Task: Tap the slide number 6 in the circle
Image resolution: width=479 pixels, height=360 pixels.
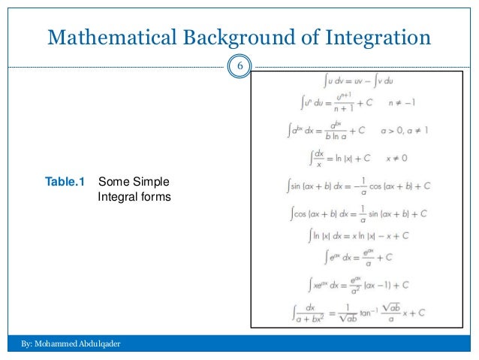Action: [x=239, y=68]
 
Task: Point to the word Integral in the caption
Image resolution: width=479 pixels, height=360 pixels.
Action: [x=117, y=197]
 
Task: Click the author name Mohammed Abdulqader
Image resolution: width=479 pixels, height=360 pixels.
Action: [x=78, y=343]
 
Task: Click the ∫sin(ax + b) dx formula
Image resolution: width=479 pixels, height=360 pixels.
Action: [x=360, y=185]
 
